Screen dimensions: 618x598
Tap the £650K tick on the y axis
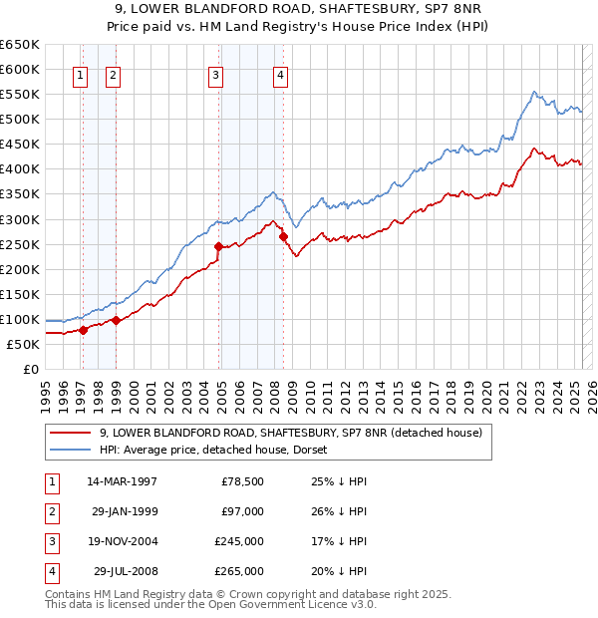click(x=20, y=45)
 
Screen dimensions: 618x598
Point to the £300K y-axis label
click(x=20, y=219)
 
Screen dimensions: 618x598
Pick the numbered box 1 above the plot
click(x=80, y=74)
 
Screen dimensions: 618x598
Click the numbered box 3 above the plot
click(x=215, y=74)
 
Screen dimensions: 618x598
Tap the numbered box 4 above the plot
click(x=282, y=74)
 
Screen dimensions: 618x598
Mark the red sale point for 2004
click(x=218, y=246)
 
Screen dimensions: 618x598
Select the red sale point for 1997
click(x=83, y=330)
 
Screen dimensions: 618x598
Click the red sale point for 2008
click(x=283, y=236)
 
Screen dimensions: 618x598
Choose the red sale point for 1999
click(x=116, y=320)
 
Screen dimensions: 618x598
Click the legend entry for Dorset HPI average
click(x=219, y=450)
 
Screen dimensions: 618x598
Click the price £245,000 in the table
click(x=240, y=543)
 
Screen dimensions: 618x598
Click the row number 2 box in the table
click(x=50, y=512)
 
